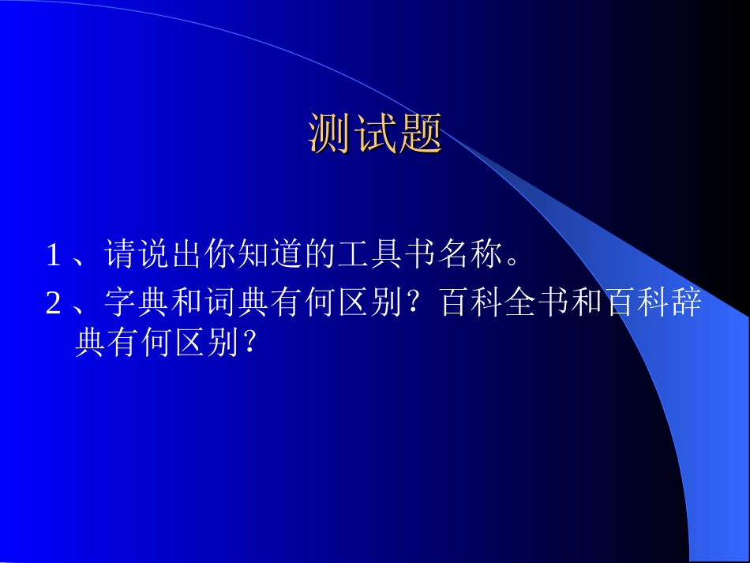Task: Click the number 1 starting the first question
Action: [53, 255]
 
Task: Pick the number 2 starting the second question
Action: [53, 304]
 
